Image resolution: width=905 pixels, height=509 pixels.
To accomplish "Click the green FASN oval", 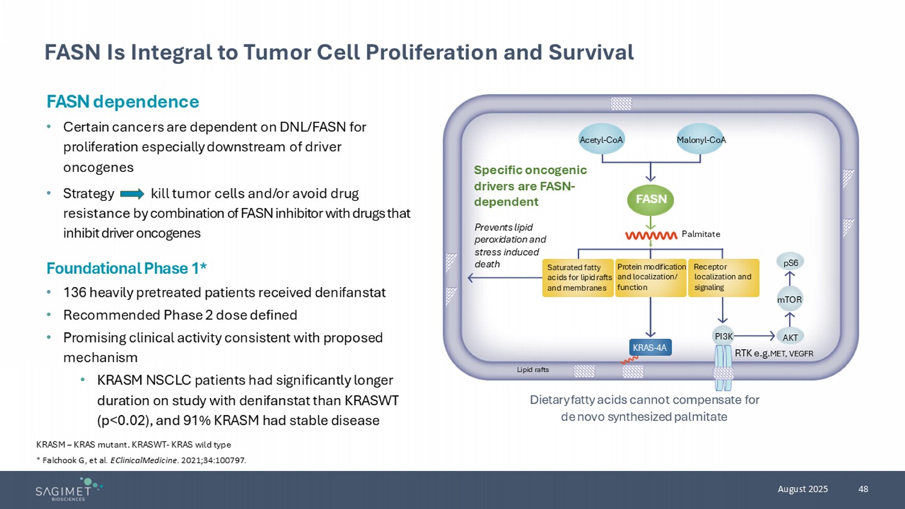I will pos(651,200).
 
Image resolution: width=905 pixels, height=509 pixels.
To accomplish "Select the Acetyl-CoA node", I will pos(601,140).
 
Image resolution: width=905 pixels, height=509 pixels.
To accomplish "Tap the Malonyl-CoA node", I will pos(700,140).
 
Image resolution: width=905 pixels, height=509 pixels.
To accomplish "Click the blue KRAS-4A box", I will pos(650,347).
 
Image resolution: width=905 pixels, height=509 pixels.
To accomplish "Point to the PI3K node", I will pos(723,337).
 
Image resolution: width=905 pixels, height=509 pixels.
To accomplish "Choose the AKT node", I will pos(790,337).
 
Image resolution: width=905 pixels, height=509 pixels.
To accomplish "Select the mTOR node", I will pos(789,299).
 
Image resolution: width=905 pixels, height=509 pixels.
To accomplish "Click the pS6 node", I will pos(790,263).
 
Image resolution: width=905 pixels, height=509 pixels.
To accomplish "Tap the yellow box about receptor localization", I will pos(723,277).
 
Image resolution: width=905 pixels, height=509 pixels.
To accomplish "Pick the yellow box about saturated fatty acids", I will pos(578,278).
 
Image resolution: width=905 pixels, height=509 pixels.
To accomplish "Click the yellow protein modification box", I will pos(651,277).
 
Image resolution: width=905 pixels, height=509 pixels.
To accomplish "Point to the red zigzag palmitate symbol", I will pos(651,235).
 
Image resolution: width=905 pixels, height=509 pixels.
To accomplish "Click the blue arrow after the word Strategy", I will pos(132,194).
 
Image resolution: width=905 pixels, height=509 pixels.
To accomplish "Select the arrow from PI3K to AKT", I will pos(754,336).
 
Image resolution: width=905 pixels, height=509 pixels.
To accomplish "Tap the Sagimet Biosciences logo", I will pos(68,489).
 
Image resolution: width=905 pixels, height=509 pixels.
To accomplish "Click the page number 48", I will pos(863,489).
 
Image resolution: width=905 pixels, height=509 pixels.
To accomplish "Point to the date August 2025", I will pos(802,489).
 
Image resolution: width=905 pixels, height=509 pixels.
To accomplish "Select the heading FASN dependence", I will pos(123,101).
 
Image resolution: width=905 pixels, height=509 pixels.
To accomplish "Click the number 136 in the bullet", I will pos(74,292).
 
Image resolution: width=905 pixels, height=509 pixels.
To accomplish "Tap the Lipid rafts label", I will pos(533,370).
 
